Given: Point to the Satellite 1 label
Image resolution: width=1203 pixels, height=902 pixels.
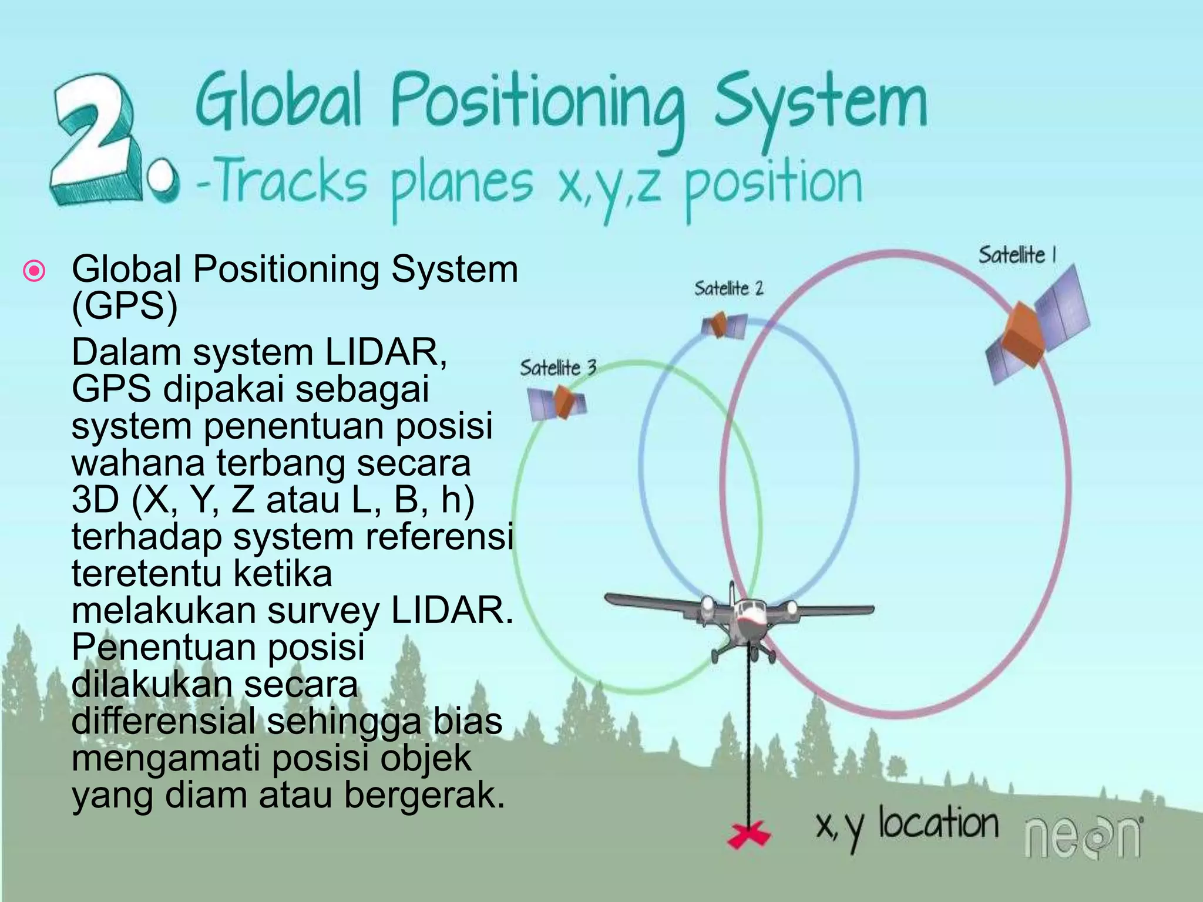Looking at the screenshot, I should (x=1017, y=255).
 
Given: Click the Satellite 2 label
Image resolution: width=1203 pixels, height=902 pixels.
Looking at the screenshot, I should (x=728, y=288).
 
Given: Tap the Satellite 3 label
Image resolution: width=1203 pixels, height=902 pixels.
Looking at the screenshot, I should (x=557, y=368).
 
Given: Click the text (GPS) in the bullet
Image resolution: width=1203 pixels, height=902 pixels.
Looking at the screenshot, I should (x=124, y=306).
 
